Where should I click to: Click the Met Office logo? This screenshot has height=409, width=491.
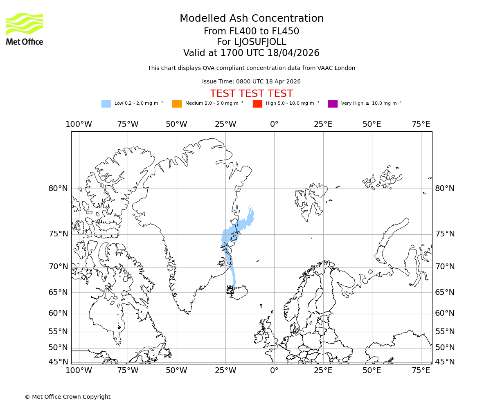pos(25,29)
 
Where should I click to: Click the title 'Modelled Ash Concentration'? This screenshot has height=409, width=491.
pos(251,18)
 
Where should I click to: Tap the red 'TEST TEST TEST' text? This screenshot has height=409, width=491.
pos(251,94)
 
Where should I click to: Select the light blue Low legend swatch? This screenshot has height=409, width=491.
pos(106,103)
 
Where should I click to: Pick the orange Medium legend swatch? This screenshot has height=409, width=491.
pos(177,103)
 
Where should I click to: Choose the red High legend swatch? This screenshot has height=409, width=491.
pos(257,103)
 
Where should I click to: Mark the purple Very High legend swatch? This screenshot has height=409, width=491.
pos(333,103)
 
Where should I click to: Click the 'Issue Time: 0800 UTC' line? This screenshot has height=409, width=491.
pos(251,81)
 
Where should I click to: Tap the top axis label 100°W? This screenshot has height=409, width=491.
pos(79,124)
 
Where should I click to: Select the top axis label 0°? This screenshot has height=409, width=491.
pos(274,124)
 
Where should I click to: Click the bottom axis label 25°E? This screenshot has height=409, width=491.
pos(323,371)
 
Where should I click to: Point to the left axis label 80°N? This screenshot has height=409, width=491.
pos(58,189)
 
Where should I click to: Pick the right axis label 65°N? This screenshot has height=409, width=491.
pos(445,292)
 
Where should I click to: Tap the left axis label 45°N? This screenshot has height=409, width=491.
pos(58,362)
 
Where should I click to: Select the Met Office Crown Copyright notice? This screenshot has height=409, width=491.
pos(68,397)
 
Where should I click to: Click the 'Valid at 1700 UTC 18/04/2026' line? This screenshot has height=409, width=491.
pos(251,53)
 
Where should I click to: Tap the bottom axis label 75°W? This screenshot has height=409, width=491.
pos(128,371)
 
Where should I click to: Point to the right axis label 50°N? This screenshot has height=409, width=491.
pos(445,348)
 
